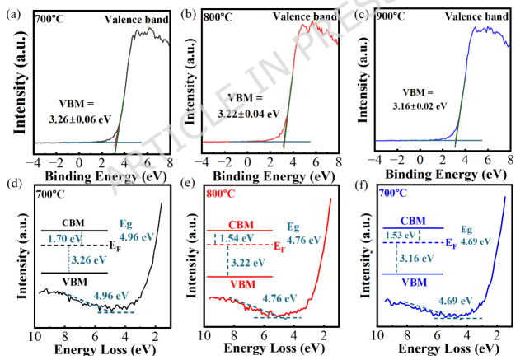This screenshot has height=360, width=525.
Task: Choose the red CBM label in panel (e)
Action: tap(241, 224)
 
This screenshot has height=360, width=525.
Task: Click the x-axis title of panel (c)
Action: tap(440, 174)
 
